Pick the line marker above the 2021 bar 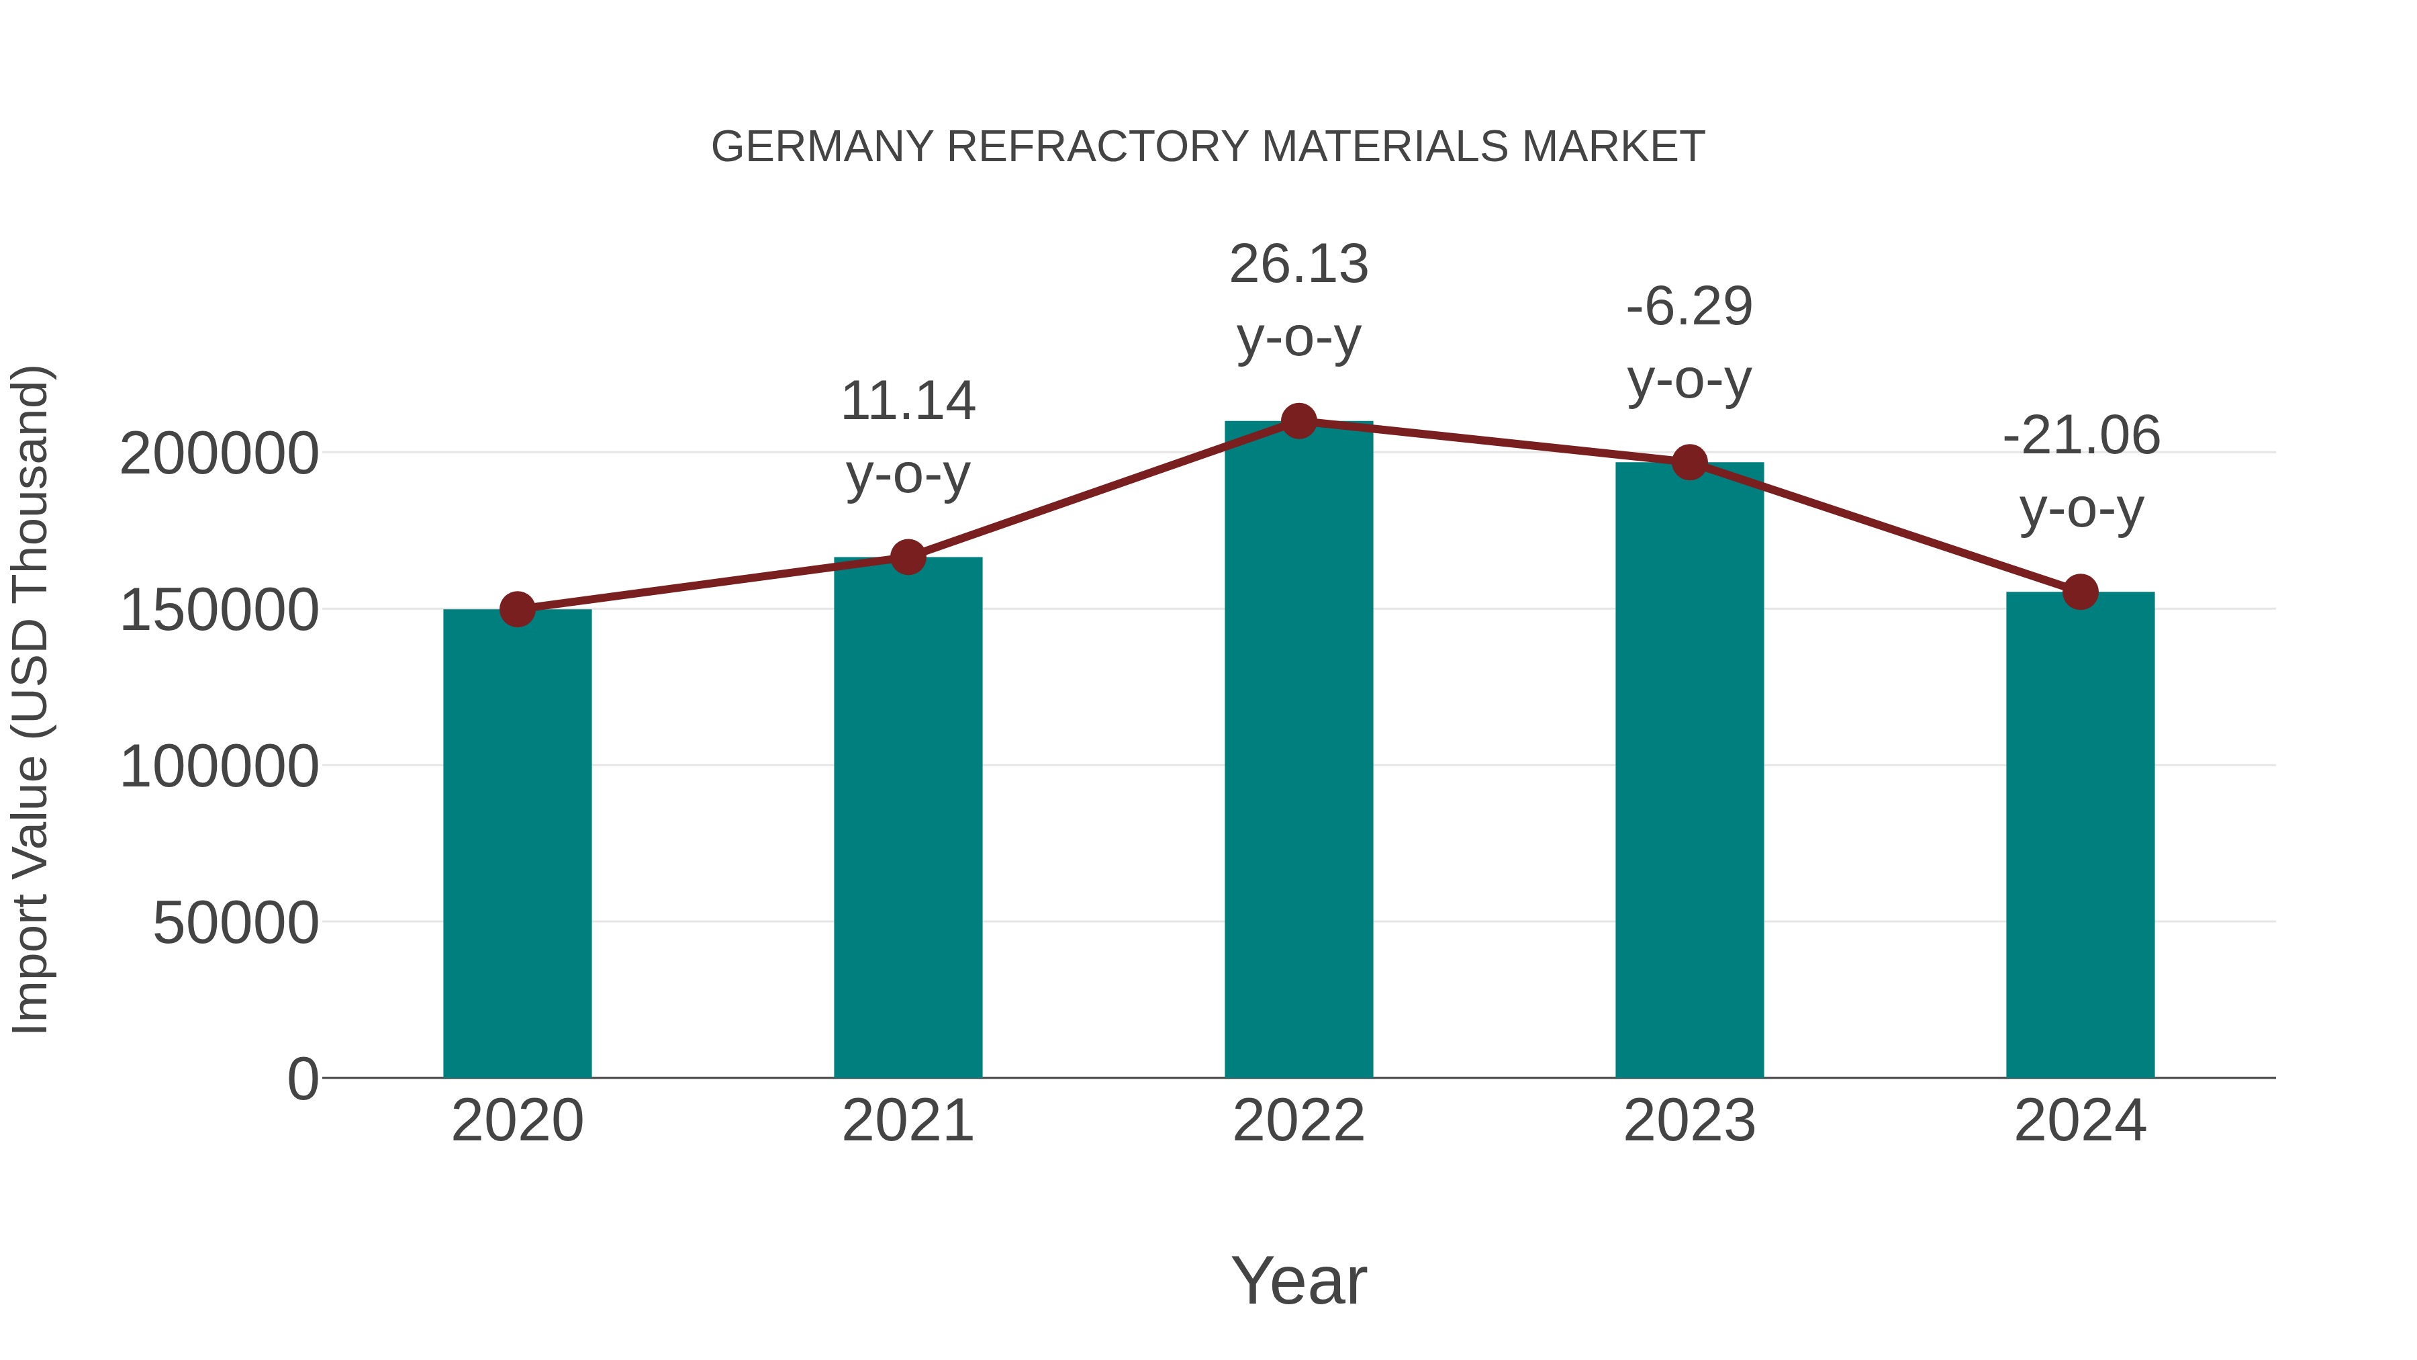point(907,557)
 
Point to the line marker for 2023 point(1689,463)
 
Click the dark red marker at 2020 point(517,610)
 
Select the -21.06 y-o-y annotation point(2080,472)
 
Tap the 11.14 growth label point(907,437)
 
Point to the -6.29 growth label point(1689,343)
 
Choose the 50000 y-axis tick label point(236,923)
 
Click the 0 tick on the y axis point(303,1079)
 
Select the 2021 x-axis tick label point(907,1121)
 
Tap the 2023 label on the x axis point(1689,1121)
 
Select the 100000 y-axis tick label point(219,767)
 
